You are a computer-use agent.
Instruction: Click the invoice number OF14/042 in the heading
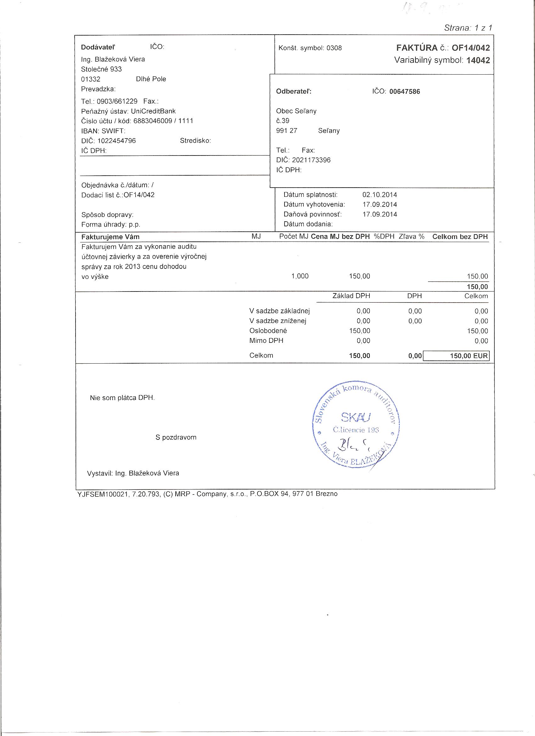click(x=470, y=48)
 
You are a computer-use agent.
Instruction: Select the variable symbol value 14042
click(x=478, y=60)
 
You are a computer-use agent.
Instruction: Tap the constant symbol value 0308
click(x=334, y=48)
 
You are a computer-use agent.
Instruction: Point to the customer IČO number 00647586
click(x=404, y=92)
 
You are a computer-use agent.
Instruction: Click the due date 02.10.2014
click(x=380, y=195)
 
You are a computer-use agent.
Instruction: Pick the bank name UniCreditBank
click(x=153, y=111)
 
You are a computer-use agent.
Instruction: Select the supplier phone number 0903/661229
click(x=117, y=101)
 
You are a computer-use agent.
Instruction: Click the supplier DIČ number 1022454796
click(x=116, y=141)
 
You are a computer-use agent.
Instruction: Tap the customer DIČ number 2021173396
click(x=311, y=160)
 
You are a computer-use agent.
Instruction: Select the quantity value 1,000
click(x=300, y=276)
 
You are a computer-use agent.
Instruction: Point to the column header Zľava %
click(x=411, y=237)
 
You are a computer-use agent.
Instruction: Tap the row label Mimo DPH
click(x=266, y=340)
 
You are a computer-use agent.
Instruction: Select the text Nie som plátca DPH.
click(x=122, y=398)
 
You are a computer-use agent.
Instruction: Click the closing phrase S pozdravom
click(x=176, y=437)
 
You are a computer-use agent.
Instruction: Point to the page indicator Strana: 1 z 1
click(x=468, y=28)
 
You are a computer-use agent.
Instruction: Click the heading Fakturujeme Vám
click(x=110, y=237)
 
